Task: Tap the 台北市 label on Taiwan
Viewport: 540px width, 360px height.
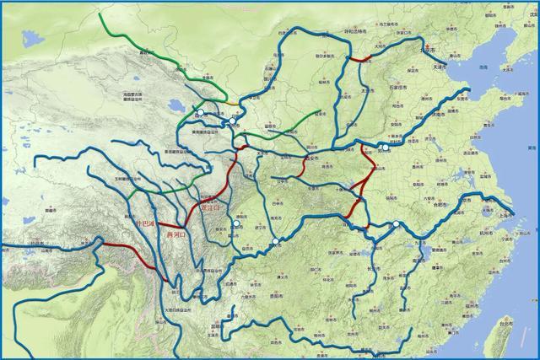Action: pyautogui.click(x=505, y=321)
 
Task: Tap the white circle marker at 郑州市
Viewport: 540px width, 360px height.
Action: pyautogui.click(x=384, y=148)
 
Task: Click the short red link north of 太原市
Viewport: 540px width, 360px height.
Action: pyautogui.click(x=361, y=58)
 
